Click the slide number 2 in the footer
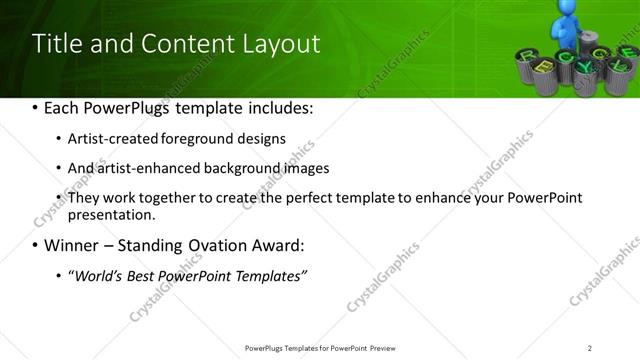click(x=590, y=347)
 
